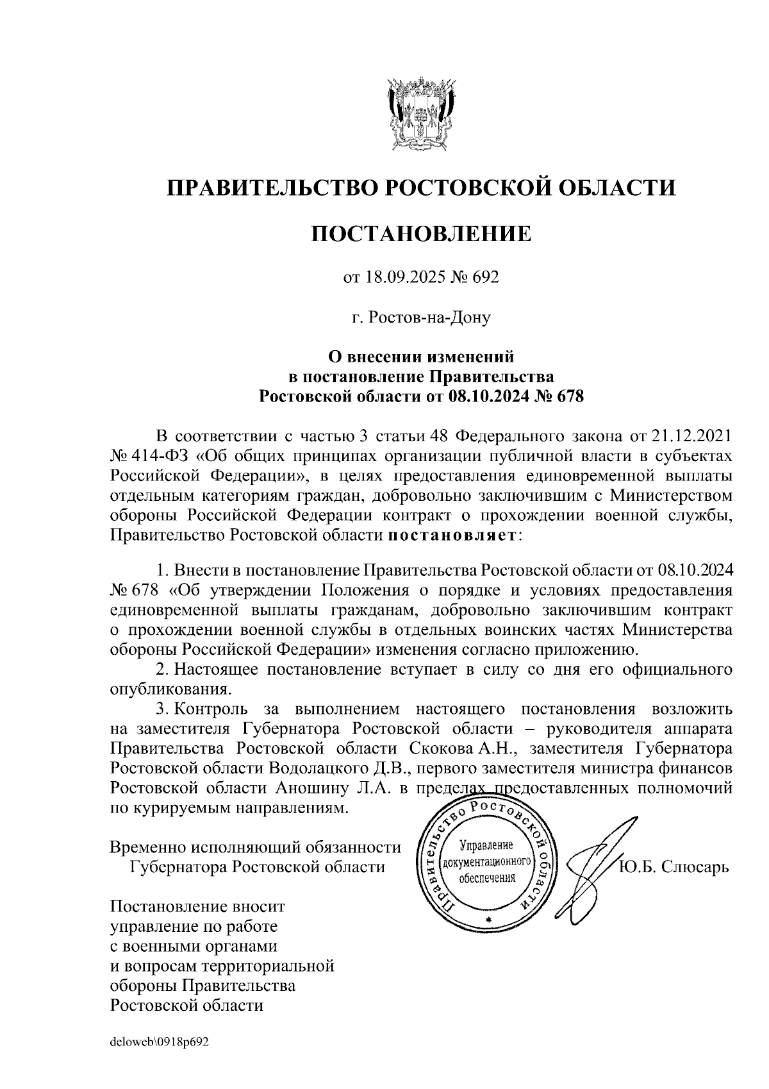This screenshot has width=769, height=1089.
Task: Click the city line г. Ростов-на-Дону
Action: click(x=421, y=317)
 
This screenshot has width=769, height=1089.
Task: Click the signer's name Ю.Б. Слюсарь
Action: click(x=674, y=867)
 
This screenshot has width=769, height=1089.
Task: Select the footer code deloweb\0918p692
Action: click(x=160, y=1043)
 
